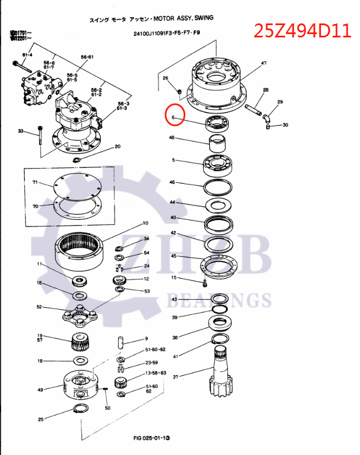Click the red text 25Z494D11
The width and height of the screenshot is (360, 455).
coord(302,30)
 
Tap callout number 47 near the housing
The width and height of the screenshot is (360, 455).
coord(263,64)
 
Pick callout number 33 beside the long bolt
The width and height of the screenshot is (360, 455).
coord(21,132)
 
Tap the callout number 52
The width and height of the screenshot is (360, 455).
coord(39,306)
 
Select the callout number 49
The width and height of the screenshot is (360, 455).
coord(40,389)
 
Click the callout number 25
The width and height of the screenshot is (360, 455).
coord(40,419)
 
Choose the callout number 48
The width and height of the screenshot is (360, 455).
coord(172,138)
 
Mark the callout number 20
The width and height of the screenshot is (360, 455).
coord(117,147)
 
